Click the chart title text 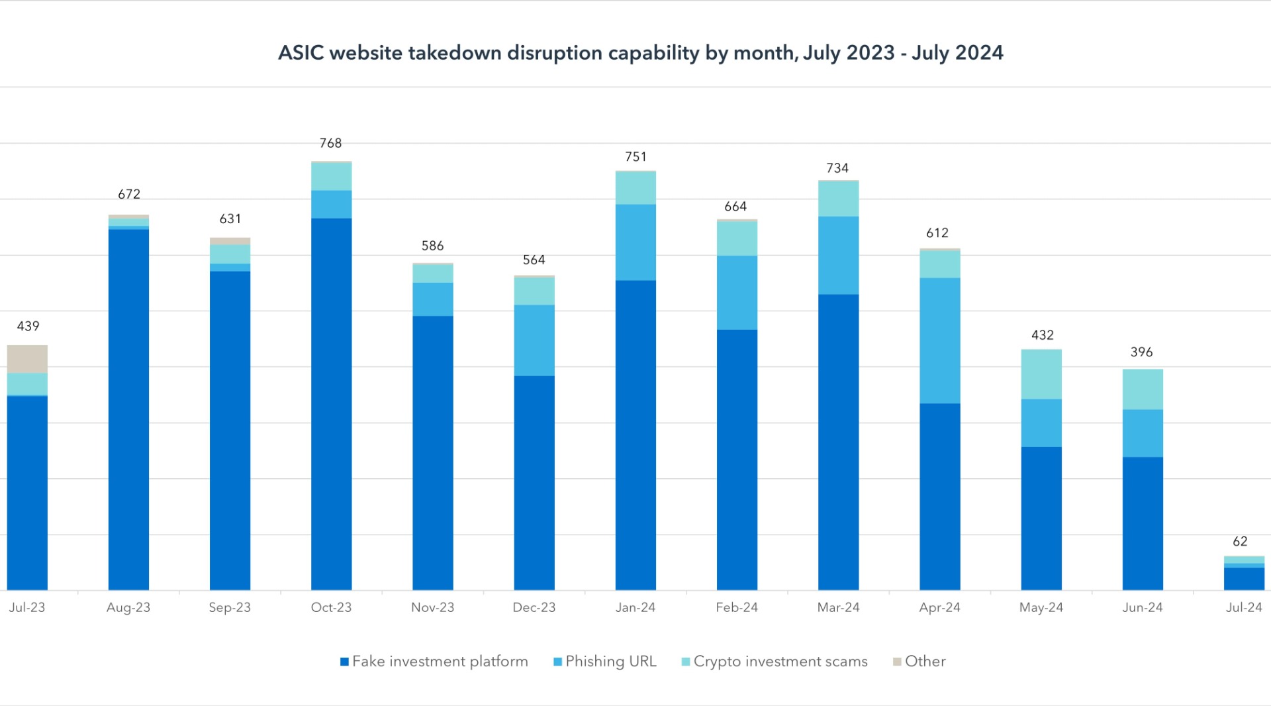tap(640, 53)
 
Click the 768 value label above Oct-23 tap(330, 143)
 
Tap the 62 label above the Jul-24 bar tap(1240, 541)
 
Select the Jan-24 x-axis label tap(635, 607)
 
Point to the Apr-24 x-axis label tap(939, 607)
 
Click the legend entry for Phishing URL tap(604, 661)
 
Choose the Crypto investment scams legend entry tap(775, 661)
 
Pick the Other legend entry tap(919, 661)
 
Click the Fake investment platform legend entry tap(434, 661)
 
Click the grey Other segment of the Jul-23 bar tap(27, 359)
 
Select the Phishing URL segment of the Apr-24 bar tap(939, 340)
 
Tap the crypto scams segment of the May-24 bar tap(1041, 374)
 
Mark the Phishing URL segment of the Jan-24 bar tap(635, 242)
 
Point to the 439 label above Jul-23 tap(28, 326)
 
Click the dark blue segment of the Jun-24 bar tap(1143, 523)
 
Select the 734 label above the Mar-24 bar tap(837, 168)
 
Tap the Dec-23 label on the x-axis tap(534, 607)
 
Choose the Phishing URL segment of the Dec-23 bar tap(534, 340)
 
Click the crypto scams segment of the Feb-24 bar tap(737, 238)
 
